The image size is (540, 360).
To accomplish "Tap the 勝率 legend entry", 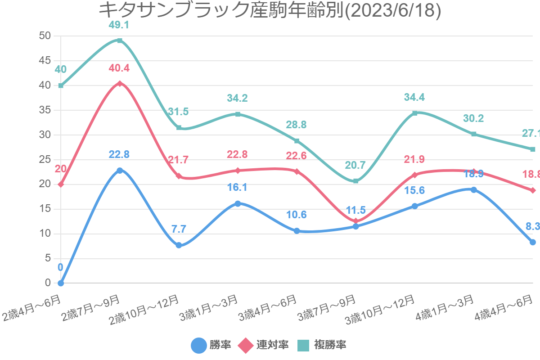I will (x=211, y=345).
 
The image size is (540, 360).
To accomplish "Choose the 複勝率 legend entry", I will (x=322, y=345).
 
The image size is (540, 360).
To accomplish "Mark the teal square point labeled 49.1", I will (x=120, y=40).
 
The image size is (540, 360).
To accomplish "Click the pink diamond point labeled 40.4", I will (x=120, y=84).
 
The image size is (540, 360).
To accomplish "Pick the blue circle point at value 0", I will (x=61, y=283).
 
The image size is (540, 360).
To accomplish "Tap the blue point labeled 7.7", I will (x=179, y=245).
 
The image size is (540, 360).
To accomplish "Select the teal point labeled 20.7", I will (x=355, y=181).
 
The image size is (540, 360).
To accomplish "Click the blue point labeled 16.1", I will (x=238, y=203).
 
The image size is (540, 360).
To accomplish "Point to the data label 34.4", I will (x=414, y=97).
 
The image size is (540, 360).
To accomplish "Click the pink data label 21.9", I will (x=414, y=159).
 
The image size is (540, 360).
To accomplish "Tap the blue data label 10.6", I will (x=297, y=215).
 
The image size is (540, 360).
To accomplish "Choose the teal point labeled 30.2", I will (x=473, y=134).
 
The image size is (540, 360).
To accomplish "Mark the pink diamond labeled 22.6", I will (x=297, y=171).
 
